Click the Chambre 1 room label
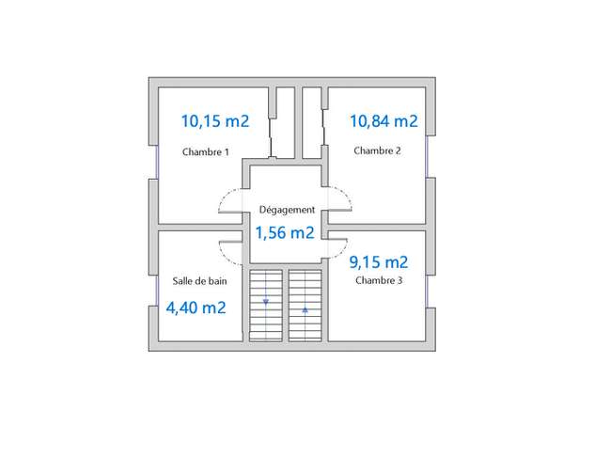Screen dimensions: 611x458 pos(205,151)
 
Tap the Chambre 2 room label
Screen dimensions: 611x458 pos(377,150)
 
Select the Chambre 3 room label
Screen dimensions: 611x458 pos(379,280)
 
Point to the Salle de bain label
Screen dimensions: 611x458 pos(199,280)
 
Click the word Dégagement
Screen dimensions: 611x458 pos(287,210)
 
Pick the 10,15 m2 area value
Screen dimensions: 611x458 pos(215,120)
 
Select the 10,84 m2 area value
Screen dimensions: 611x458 pos(384,120)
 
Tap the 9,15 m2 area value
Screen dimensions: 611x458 pos(379,262)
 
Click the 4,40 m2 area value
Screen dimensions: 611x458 pos(196,308)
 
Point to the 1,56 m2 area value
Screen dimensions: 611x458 pos(285,232)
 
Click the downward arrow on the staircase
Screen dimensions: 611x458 pos(266,302)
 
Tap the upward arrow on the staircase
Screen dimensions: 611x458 pos(305,310)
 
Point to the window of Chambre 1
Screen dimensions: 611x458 pos(157,162)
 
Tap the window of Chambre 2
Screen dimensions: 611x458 pos(427,156)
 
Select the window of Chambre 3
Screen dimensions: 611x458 pos(427,292)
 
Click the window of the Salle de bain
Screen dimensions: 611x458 pos(157,291)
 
